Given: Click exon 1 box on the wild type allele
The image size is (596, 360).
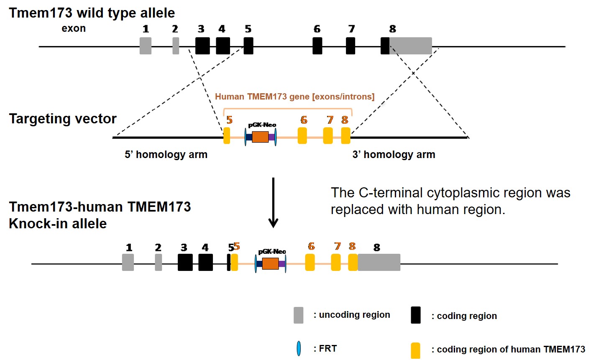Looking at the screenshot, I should coord(146,46).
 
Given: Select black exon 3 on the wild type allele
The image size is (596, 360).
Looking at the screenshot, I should coord(202,46).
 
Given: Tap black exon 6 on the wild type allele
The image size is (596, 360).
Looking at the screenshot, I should coord(317,46).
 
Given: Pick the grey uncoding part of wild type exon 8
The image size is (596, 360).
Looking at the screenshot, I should coord(411,46).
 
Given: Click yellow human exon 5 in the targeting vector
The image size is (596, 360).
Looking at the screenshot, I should coord(227,136).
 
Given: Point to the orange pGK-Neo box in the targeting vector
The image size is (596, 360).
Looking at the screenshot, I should coord(260,137).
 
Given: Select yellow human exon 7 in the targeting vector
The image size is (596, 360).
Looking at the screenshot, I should coord(328,136).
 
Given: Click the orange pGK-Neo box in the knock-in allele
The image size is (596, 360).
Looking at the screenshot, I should coord(270,263).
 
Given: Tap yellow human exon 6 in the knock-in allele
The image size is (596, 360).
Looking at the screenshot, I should coord(310,262).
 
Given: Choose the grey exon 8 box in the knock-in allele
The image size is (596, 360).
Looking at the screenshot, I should coord(379,262).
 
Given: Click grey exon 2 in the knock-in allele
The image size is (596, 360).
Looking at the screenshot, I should coord(159,262).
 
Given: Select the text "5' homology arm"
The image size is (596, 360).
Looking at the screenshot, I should coord(166,155).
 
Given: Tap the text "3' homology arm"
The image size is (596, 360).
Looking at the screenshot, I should coord(394,155).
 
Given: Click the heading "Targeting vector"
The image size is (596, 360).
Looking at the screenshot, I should coord(63,119).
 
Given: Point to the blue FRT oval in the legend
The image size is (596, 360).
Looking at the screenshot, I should coord(299,348).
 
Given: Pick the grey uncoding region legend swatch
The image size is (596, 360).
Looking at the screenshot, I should coord(298,315).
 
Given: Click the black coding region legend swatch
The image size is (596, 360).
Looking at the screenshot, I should coord(416,315).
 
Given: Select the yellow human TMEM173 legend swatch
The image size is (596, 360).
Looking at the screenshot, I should coord(416,350).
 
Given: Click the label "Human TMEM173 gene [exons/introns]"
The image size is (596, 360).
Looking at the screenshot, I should coord(294,97).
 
